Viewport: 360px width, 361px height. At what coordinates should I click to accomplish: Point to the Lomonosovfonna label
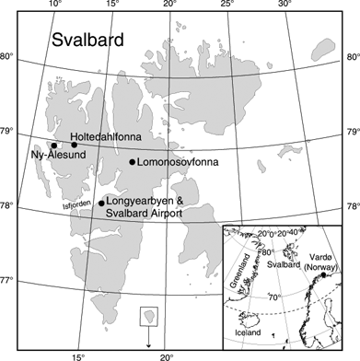coord(179,163)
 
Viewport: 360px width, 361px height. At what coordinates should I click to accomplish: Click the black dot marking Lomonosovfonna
coord(133,162)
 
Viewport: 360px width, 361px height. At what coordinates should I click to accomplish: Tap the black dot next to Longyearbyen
coord(101,204)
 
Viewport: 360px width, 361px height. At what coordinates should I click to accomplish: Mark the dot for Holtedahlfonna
coord(75,145)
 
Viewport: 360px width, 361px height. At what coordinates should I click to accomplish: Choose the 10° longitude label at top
coord(55,6)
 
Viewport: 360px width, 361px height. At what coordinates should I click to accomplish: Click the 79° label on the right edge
coord(351,133)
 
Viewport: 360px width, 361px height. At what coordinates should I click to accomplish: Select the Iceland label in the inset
coord(248,332)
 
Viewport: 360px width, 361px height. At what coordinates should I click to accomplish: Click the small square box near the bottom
coord(146,317)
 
